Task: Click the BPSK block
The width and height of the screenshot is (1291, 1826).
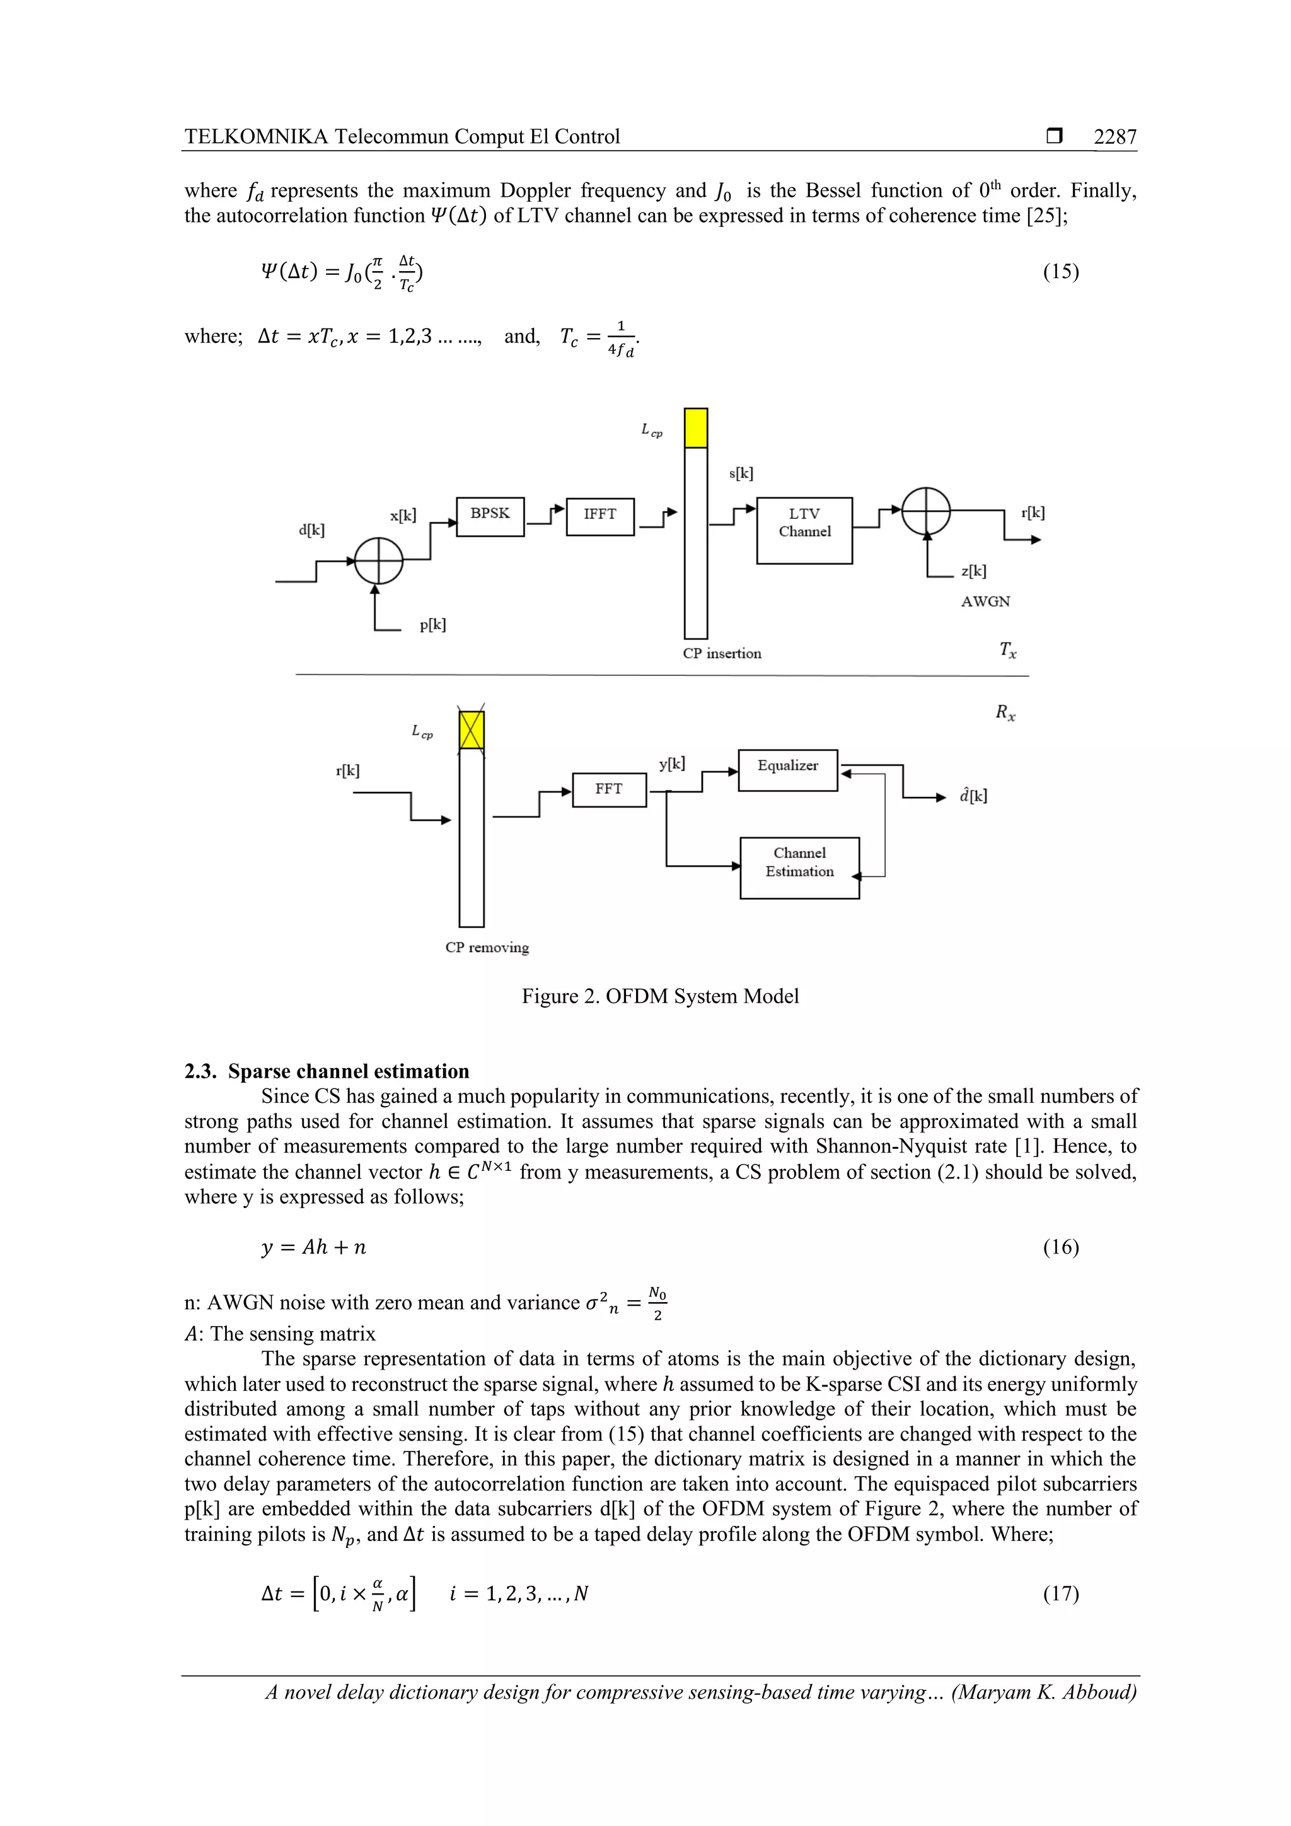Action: click(490, 516)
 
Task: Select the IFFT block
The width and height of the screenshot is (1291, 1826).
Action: click(599, 516)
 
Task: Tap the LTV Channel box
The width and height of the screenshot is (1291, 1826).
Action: click(804, 530)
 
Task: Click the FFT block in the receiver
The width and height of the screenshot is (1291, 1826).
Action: click(609, 789)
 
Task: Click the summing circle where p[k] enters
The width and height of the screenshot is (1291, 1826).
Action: click(378, 561)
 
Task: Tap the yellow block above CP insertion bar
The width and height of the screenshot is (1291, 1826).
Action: click(695, 428)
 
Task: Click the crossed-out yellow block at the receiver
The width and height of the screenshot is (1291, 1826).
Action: click(472, 730)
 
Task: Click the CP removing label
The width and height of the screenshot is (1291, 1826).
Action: click(487, 947)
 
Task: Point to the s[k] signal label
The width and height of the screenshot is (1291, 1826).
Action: click(741, 473)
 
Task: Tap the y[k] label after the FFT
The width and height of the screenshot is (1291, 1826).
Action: click(672, 764)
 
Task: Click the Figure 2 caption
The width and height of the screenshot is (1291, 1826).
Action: click(660, 996)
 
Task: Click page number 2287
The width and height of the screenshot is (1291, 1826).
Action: click(1114, 137)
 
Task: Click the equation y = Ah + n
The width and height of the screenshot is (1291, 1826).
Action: click(314, 1247)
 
